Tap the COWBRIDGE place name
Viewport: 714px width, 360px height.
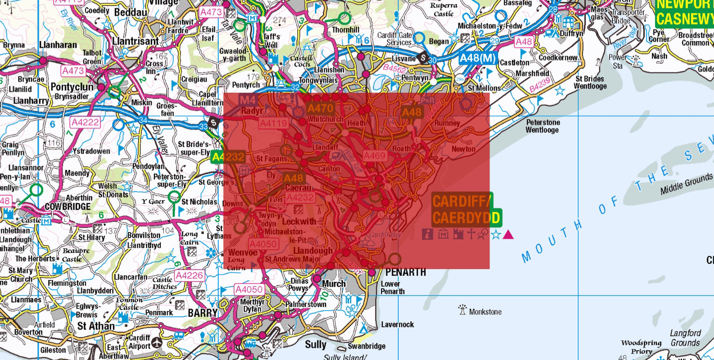[x=68, y=206]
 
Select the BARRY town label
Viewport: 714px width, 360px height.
[x=203, y=313]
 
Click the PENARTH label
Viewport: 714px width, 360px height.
[x=406, y=272]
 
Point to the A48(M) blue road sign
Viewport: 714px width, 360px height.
[x=477, y=58]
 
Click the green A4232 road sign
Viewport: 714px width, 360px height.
[x=228, y=157]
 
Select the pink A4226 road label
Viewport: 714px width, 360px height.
[x=189, y=275]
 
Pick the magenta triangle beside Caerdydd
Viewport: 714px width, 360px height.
[x=508, y=234]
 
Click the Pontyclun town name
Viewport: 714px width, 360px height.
[x=72, y=87]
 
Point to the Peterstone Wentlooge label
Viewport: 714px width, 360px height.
[x=543, y=126]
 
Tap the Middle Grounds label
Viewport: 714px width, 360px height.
[x=685, y=184]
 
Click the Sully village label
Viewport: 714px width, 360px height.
[x=315, y=344]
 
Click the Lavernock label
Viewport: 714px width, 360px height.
[x=397, y=324]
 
